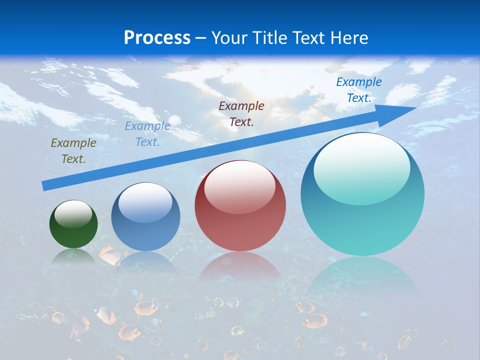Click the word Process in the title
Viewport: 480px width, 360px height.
pos(157,38)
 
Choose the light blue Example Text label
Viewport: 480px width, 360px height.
pos(147,134)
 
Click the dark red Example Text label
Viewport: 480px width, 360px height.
pos(241,113)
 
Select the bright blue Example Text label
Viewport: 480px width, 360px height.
pos(359,90)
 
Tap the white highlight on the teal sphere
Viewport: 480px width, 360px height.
pos(362,167)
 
